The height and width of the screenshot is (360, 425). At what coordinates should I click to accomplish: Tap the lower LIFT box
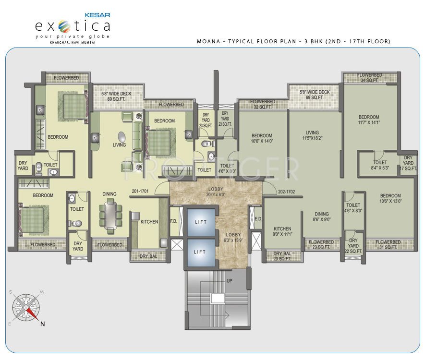pos(200,252)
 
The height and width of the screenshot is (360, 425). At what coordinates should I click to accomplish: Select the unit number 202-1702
pos(287,191)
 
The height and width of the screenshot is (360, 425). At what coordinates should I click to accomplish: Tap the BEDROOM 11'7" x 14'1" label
pos(368,120)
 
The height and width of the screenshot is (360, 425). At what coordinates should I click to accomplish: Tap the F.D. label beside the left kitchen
pos(173,222)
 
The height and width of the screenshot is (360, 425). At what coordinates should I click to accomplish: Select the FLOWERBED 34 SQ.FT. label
pos(370,78)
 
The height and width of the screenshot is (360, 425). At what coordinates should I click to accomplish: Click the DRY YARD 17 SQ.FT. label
pos(408,163)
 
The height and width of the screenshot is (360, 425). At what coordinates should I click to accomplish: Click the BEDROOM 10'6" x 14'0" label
pos(262,138)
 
